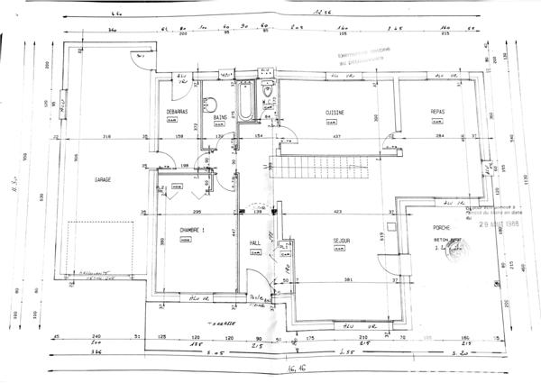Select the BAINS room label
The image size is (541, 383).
point(219,118)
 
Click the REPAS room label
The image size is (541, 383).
point(437,112)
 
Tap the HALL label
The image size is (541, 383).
point(255,243)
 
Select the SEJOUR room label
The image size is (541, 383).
point(341,241)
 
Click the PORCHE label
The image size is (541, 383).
point(441,227)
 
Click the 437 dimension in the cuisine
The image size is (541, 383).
point(336,136)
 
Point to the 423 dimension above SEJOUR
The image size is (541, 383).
point(336,212)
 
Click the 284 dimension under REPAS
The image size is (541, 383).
point(440,136)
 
